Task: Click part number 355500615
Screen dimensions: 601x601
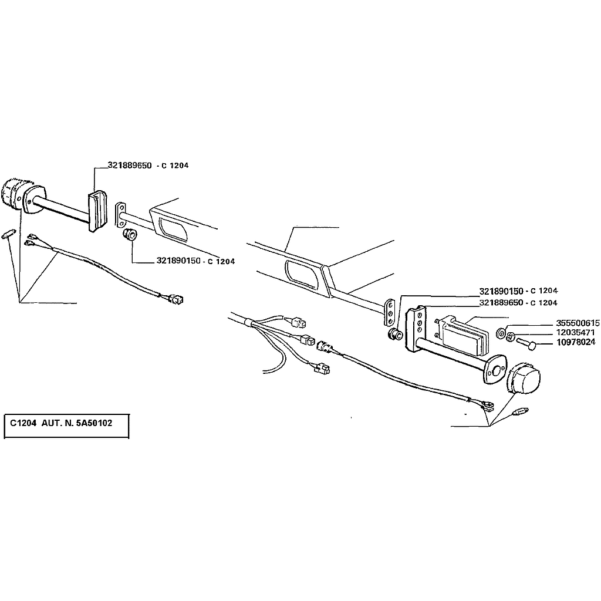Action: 578,323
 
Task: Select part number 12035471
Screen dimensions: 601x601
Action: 575,332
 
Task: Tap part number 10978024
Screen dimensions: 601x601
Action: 576,342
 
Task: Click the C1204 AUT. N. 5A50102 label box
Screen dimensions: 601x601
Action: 66,426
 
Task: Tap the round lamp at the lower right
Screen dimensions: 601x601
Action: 523,377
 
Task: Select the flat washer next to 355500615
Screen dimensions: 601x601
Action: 501,333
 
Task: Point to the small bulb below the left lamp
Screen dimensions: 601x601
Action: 9,234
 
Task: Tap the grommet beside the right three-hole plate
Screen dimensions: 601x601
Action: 394,334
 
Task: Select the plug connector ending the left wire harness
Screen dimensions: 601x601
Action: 177,298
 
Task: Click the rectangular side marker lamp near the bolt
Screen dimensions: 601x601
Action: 464,333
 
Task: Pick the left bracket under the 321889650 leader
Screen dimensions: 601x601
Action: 97,211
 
